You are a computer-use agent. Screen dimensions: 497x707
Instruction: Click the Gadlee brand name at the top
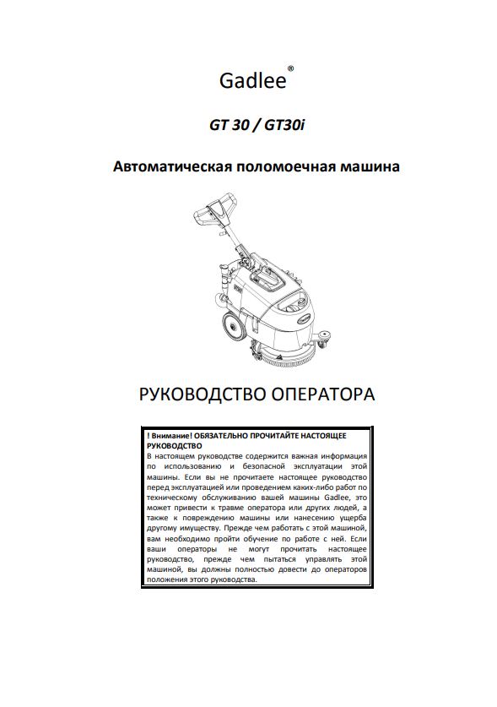[251, 81]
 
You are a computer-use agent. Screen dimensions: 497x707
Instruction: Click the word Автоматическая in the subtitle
[173, 166]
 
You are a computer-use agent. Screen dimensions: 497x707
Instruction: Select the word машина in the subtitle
[370, 166]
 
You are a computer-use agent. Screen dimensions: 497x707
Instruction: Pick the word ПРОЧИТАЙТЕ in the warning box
[288, 434]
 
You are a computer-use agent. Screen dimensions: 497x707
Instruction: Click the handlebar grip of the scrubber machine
[219, 203]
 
